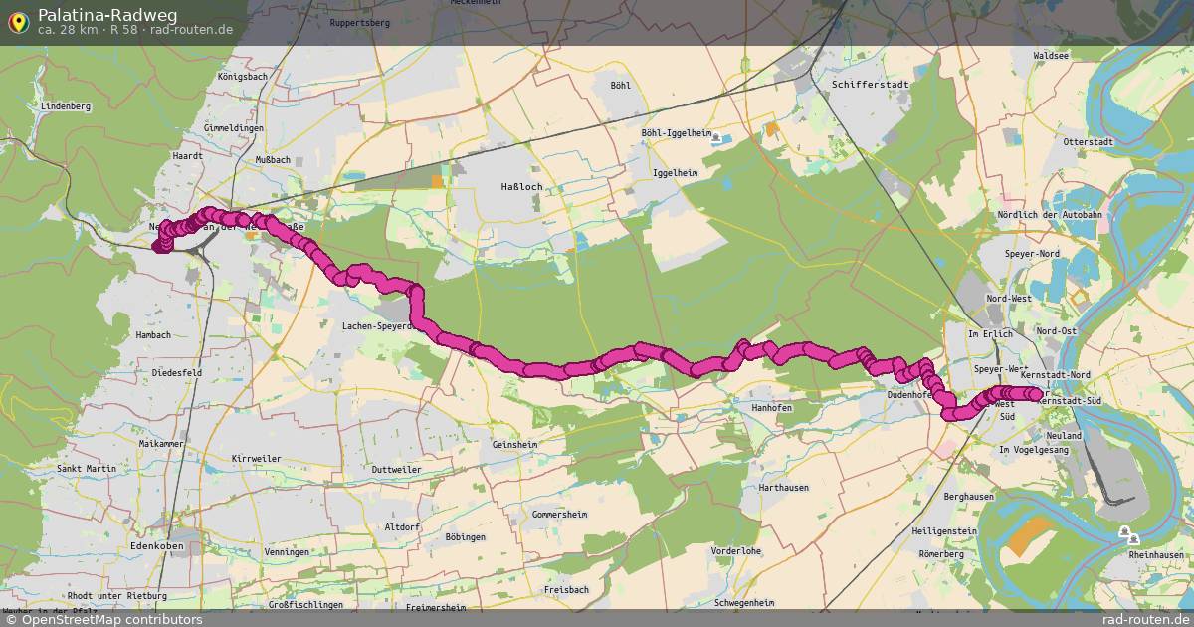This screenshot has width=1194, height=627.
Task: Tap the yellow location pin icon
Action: [17, 21]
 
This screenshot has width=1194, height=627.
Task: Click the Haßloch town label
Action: [519, 187]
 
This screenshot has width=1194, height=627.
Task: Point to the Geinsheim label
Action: [514, 446]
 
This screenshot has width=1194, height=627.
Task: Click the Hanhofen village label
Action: [772, 408]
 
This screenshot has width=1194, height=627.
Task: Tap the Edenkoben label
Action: [157, 546]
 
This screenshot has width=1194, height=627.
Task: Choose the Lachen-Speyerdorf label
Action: [374, 325]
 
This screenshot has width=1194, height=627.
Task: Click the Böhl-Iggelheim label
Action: [676, 133]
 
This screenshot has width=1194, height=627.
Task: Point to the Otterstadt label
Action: [1088, 142]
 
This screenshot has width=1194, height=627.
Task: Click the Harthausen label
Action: [783, 488]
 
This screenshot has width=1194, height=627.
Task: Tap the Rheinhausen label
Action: [1154, 555]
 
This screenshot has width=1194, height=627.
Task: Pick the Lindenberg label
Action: [66, 106]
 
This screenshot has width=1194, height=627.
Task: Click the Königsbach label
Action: [243, 76]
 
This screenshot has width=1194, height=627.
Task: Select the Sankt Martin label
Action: [87, 468]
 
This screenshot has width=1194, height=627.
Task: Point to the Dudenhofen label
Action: [907, 395]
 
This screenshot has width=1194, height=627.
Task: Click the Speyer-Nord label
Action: [1035, 253]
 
